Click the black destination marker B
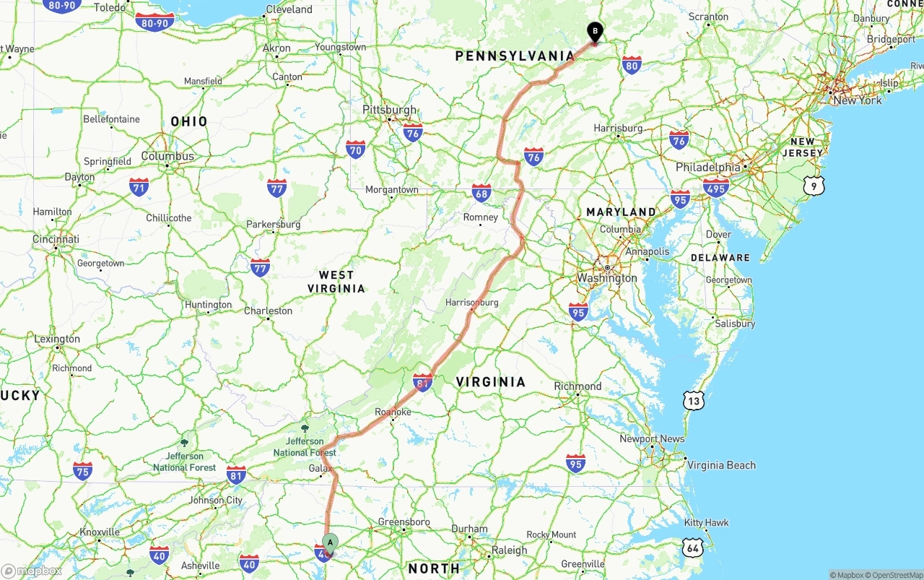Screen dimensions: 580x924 tap(594, 32)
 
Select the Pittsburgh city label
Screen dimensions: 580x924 tap(389, 110)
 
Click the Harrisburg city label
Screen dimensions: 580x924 tap(618, 128)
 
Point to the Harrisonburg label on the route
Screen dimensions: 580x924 tap(472, 303)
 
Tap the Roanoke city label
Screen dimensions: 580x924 tap(393, 412)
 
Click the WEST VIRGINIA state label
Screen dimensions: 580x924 tap(336, 282)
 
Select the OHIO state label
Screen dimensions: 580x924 tap(189, 121)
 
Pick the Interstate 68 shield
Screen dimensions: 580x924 tap(481, 192)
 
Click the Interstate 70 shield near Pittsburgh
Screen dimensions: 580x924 tap(355, 150)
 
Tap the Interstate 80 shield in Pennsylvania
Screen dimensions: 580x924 tap(632, 65)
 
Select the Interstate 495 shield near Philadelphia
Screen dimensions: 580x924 tap(715, 188)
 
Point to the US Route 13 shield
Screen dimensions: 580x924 tap(694, 401)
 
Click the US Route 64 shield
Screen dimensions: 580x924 tap(693, 548)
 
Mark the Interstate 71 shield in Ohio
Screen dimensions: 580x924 tap(139, 187)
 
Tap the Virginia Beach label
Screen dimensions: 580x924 tap(721, 465)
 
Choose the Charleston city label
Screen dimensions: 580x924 tap(268, 311)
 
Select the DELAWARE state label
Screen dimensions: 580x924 tap(720, 257)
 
